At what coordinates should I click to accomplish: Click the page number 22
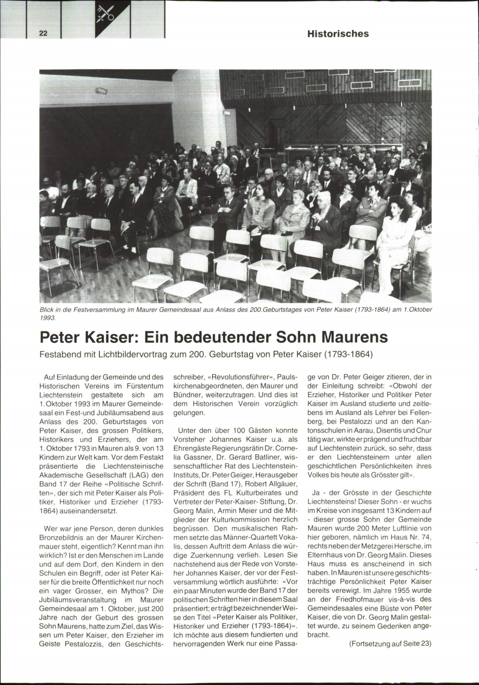pyautogui.click(x=43, y=34)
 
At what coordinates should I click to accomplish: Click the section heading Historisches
pyautogui.click(x=338, y=34)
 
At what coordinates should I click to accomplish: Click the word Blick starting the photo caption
pyautogui.click(x=47, y=310)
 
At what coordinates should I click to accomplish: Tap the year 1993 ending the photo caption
pyautogui.click(x=47, y=318)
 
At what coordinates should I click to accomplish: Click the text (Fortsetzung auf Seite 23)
pyautogui.click(x=390, y=644)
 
